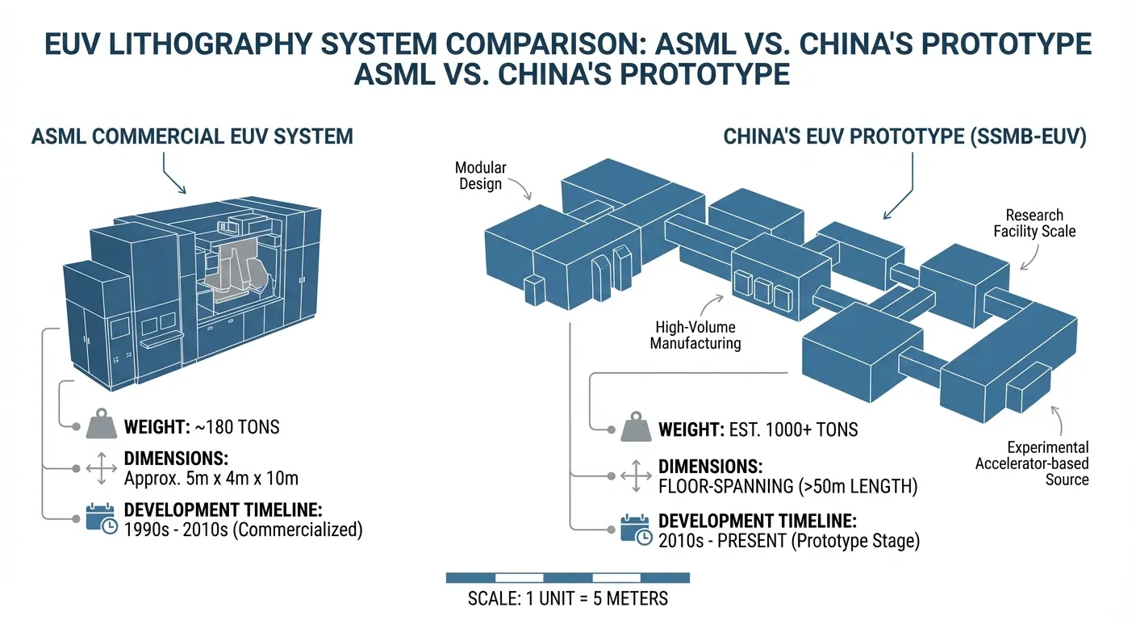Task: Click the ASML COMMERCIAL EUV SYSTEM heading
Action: [192, 136]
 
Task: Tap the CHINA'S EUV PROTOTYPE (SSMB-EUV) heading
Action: [904, 136]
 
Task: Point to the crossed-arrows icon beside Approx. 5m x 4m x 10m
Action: [101, 468]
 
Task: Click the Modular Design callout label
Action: [480, 175]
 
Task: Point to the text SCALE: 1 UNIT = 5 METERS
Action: [567, 599]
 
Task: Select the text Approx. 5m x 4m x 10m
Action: [211, 478]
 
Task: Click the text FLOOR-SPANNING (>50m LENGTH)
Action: [787, 487]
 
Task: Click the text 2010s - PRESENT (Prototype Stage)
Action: [789, 540]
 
